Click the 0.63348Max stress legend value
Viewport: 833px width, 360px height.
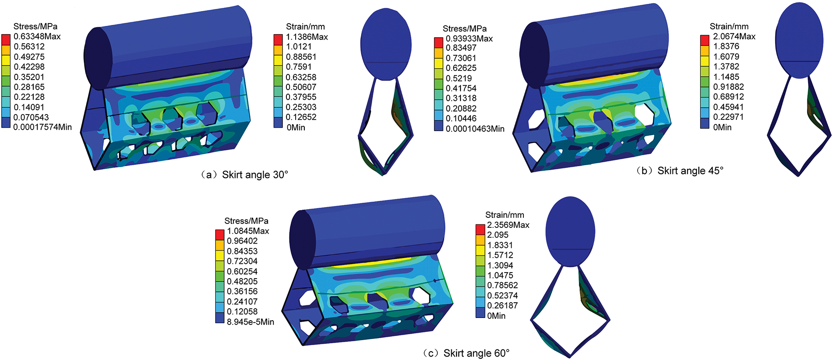[x=37, y=37]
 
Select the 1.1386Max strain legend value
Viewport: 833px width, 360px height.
[x=307, y=37]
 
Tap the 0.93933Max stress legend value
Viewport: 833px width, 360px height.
[x=469, y=38]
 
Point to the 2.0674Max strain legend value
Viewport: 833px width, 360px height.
[x=734, y=36]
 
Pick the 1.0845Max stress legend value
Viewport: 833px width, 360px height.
[x=248, y=231]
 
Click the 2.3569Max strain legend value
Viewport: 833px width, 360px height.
[x=508, y=225]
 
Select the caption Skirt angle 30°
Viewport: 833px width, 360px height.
[x=255, y=175]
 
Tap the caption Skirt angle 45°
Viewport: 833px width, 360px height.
[x=690, y=171]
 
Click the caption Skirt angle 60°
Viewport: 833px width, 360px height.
[x=477, y=353]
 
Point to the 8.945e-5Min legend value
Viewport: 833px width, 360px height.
[x=251, y=322]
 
